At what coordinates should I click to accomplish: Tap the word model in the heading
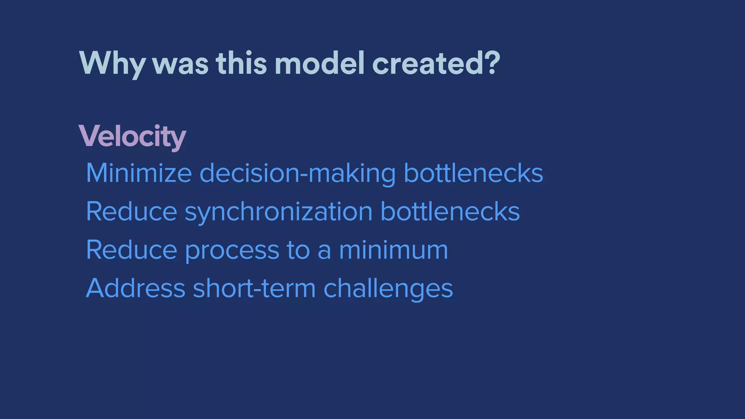(319, 64)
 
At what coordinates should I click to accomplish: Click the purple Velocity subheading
(132, 136)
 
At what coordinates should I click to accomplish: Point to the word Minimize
(139, 173)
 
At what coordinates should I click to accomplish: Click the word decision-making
(297, 173)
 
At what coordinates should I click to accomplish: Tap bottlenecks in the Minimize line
(473, 173)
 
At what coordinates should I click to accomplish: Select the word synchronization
(278, 212)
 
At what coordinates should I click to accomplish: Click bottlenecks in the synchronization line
(450, 212)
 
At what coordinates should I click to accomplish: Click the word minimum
(393, 250)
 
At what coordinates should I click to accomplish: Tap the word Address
(136, 288)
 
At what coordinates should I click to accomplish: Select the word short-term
(254, 288)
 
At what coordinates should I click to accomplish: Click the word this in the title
(241, 64)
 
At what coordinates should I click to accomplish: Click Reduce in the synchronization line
(131, 212)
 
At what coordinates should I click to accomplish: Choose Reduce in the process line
(131, 250)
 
